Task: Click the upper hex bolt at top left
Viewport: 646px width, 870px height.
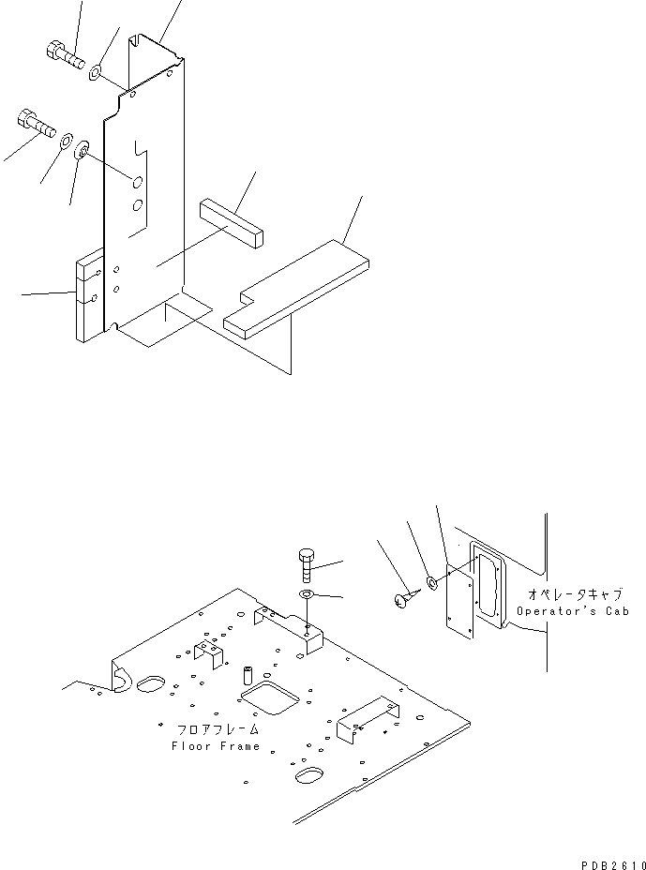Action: (x=63, y=54)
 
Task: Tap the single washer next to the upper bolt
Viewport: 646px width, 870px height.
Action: (x=97, y=71)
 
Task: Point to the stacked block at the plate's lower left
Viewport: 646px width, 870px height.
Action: (x=89, y=292)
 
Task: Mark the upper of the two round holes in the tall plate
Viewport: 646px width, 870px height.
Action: (x=137, y=182)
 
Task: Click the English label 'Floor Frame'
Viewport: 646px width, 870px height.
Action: (x=215, y=746)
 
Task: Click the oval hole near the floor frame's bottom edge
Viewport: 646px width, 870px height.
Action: (x=309, y=775)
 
